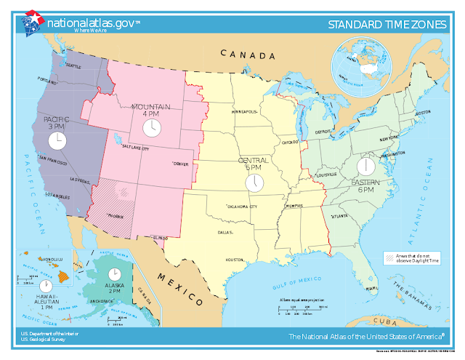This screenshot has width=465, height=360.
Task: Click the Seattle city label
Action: point(73,65)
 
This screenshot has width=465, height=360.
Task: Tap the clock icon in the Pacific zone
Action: point(57,140)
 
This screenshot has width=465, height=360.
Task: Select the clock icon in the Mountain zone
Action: point(151,128)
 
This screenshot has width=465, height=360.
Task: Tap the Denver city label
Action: point(181,164)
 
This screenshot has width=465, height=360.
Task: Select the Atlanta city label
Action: point(338,216)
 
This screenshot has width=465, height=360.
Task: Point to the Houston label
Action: point(234,260)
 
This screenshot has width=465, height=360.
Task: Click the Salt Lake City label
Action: point(135,148)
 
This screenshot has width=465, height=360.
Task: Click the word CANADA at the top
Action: point(248,56)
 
